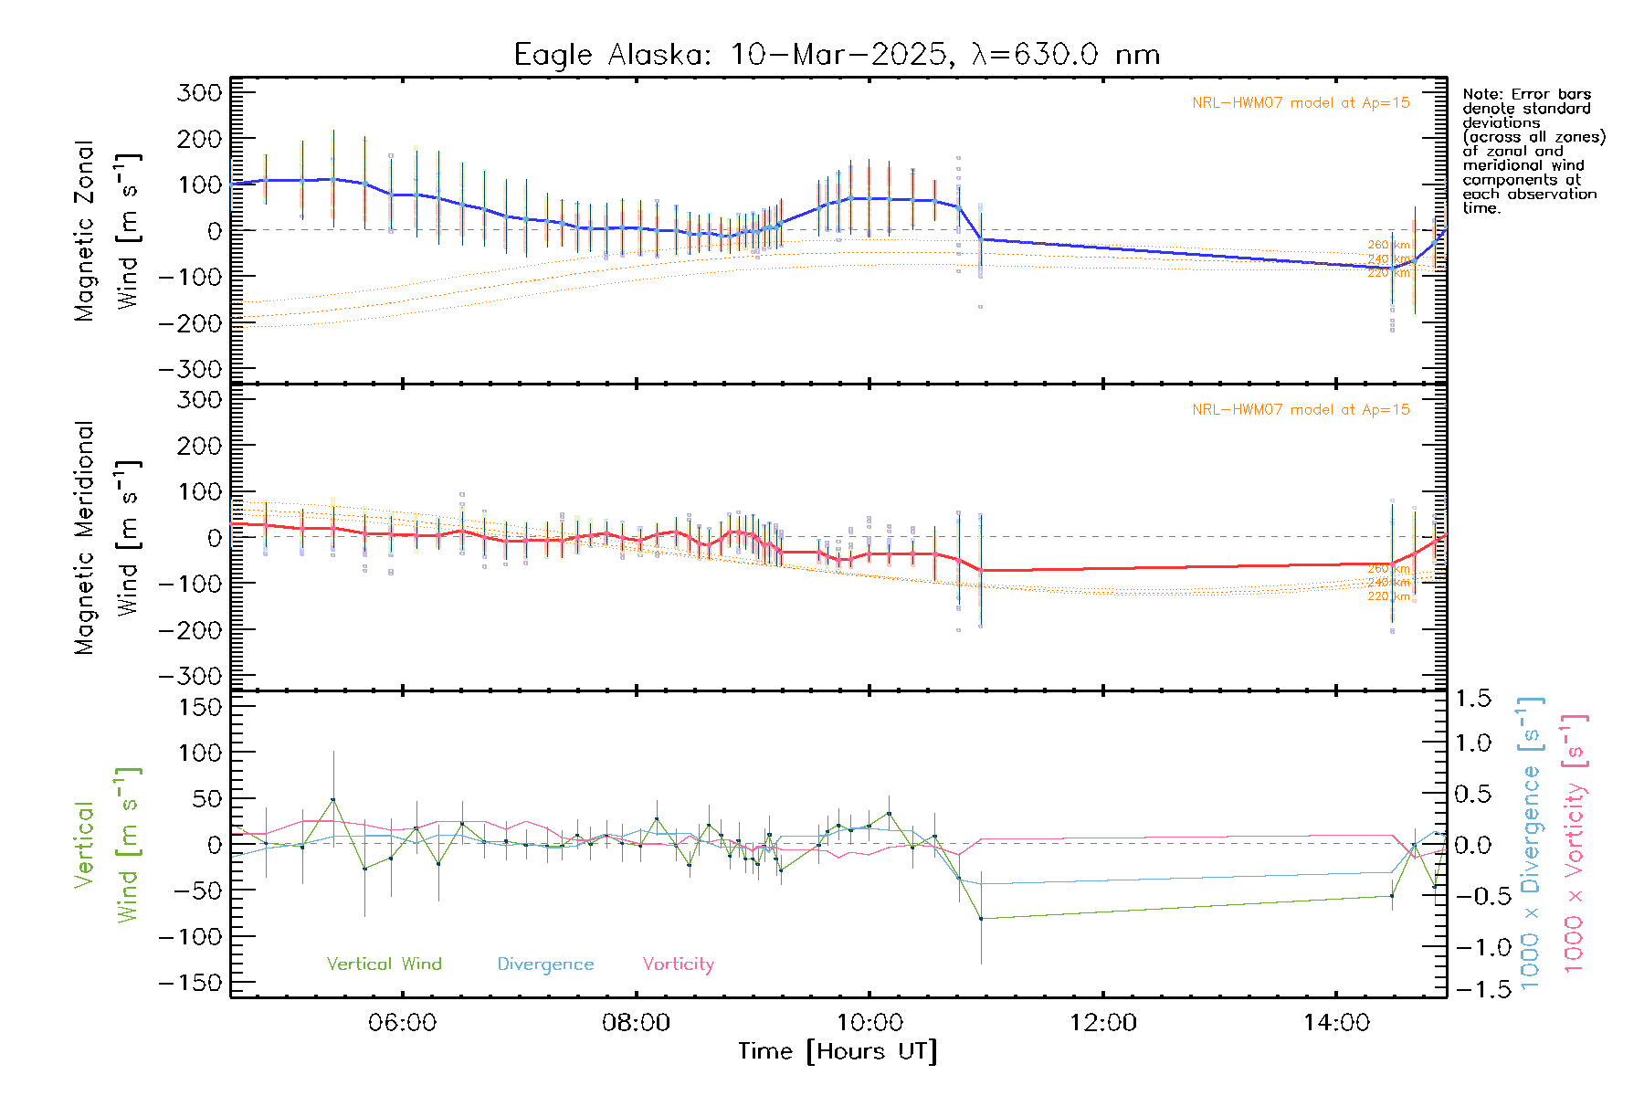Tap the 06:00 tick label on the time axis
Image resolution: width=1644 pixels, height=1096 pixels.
point(402,1022)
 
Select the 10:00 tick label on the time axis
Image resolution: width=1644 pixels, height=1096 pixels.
point(869,1022)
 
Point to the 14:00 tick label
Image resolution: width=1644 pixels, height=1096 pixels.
point(1336,1022)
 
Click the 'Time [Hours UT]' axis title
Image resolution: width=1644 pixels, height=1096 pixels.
point(838,1051)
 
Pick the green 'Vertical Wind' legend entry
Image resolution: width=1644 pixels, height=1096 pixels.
point(384,964)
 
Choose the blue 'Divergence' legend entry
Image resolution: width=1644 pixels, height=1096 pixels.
point(545,964)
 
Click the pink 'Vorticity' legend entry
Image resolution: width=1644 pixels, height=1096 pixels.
point(678,964)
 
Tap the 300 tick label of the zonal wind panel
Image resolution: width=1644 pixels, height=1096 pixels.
point(200,92)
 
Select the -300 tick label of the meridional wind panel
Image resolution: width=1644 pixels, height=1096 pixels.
point(191,676)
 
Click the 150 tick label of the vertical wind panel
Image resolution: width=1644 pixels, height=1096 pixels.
point(200,707)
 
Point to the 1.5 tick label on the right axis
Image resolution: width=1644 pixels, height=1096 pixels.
point(1473,699)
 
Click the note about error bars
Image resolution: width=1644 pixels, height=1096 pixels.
point(1533,151)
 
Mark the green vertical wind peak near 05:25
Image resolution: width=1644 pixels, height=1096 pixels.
point(333,799)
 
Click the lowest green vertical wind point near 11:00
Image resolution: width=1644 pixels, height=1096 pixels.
point(981,918)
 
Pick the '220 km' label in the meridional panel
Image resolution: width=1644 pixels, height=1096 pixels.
point(1388,596)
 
